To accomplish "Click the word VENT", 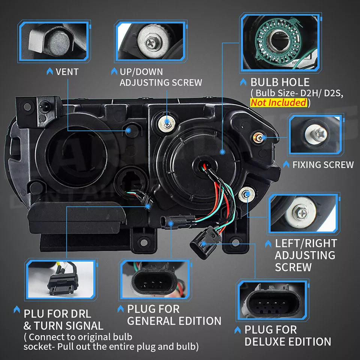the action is [x=67, y=72].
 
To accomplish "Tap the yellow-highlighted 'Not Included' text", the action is [x=279, y=102].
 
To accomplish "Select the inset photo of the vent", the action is [x=54, y=41].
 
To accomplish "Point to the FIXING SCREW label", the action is [x=323, y=165].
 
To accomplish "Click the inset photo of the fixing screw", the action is [x=315, y=135].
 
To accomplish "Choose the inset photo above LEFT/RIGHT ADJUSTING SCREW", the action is [x=303, y=213].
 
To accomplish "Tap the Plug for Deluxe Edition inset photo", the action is [x=273, y=299].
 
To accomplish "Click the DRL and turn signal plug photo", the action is [x=61, y=279].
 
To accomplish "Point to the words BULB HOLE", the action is [x=280, y=82].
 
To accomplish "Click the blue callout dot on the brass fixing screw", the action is [x=264, y=138].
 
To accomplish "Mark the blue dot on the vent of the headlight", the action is [x=129, y=130].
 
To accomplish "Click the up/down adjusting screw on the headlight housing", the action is [x=167, y=124].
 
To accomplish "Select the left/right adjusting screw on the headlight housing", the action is [x=247, y=195].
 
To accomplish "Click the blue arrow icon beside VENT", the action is [x=49, y=71].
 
